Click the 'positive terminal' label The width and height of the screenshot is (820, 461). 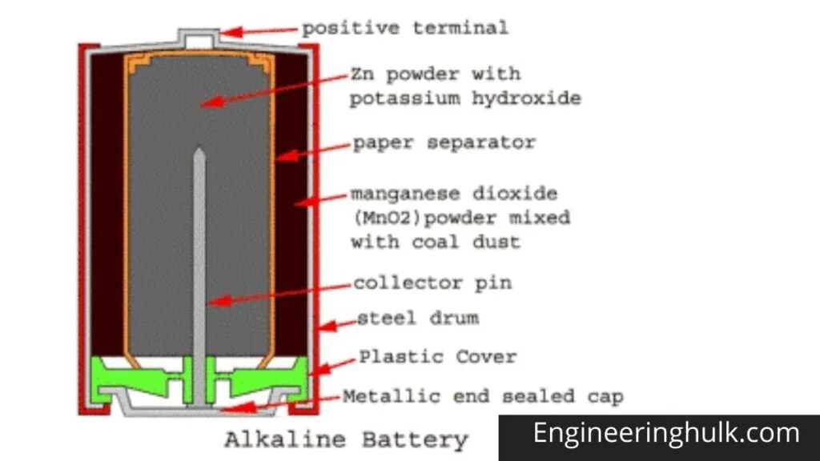point(404,28)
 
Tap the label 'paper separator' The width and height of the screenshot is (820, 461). point(444,143)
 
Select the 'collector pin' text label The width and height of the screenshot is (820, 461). point(432,283)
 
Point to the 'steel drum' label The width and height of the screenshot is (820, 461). point(417,318)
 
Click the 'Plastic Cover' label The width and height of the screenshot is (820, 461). point(437,356)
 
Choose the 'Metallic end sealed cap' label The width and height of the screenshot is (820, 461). point(483,396)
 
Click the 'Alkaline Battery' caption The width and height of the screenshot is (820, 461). point(345,439)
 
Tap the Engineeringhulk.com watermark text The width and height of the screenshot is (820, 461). point(666,434)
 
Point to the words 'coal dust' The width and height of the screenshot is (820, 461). point(473,241)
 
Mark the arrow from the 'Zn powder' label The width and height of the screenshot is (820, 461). point(272,89)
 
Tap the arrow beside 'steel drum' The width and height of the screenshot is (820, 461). point(336,323)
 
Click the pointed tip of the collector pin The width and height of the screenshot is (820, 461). point(199,152)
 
